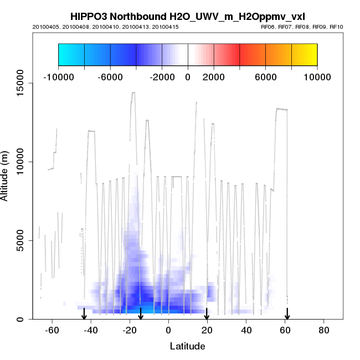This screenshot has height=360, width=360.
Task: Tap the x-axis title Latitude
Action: click(187, 346)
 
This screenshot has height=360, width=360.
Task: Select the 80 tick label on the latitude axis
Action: click(324, 330)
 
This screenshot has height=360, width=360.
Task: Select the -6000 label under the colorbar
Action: click(110, 77)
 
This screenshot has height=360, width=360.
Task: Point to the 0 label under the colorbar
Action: click(188, 77)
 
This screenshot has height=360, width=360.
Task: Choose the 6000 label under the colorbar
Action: click(265, 77)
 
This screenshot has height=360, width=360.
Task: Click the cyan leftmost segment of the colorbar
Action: click(71, 54)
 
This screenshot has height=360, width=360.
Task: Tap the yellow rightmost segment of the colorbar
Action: click(304, 54)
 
